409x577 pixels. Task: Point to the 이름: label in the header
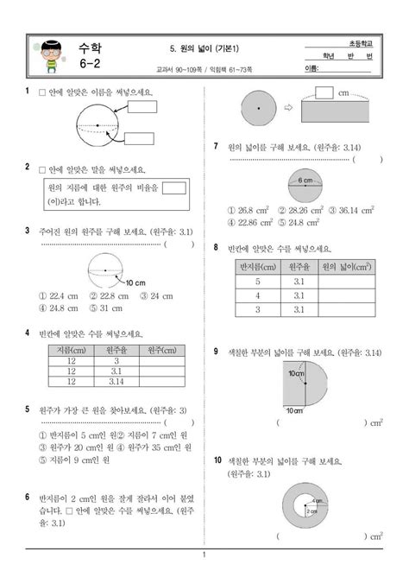coord(313,68)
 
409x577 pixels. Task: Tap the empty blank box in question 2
coord(174,187)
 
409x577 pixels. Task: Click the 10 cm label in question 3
coord(135,282)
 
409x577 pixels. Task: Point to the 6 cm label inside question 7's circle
coord(305,181)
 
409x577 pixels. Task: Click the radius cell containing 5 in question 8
coord(256,282)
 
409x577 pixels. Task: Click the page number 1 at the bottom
coord(204,555)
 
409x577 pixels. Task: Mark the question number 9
coord(216,352)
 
